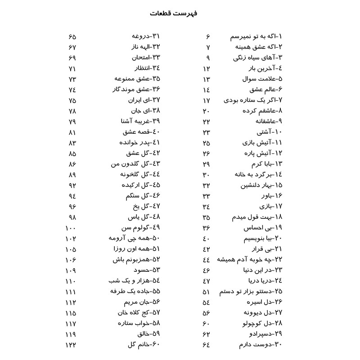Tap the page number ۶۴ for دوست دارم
pos(207,345)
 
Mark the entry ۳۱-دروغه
pos(146,36)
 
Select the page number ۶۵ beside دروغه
pos(72,36)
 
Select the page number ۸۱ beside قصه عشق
pos(72,132)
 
